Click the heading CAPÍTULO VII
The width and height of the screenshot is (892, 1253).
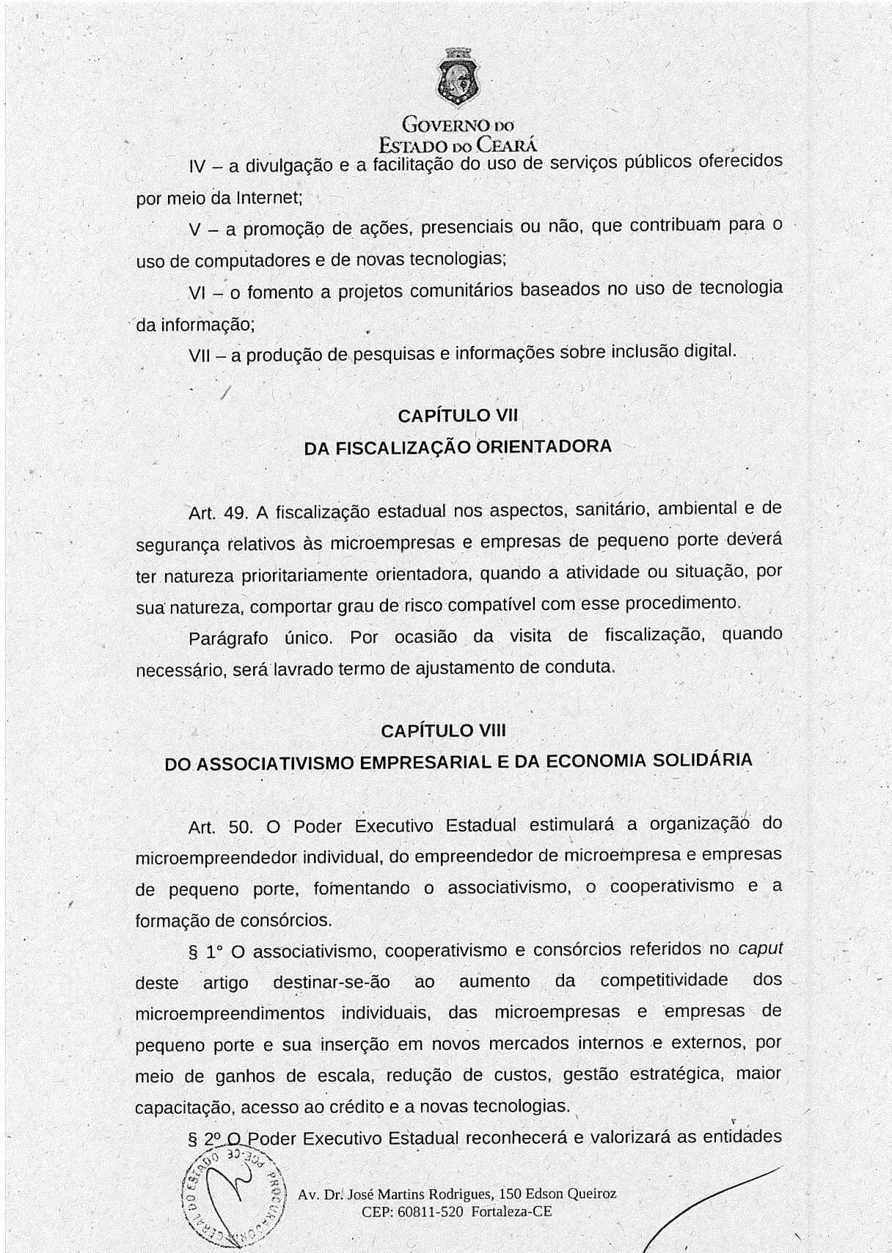[458, 416]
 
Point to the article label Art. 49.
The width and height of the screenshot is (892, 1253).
[216, 513]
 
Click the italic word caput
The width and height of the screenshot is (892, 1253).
[760, 948]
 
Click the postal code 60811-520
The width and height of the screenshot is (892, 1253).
[431, 1212]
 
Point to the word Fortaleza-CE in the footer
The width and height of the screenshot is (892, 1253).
[511, 1212]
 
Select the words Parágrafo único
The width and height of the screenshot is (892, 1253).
[261, 637]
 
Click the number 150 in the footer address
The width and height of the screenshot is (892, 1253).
[511, 1194]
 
